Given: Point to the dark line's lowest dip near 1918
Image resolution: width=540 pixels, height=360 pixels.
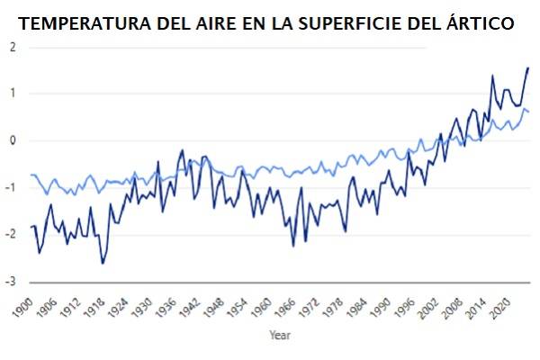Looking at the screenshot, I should (103, 262).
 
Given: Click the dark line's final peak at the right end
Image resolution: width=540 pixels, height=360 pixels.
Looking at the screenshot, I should (527, 68).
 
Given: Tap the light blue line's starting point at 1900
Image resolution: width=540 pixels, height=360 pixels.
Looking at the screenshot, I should (31, 175).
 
